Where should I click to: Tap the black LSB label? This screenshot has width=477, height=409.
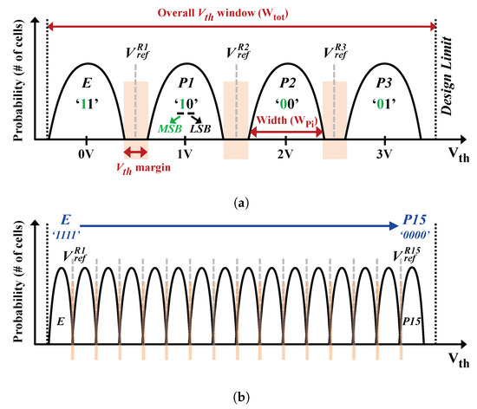pos(200,128)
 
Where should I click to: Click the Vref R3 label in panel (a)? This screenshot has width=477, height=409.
pos(335,51)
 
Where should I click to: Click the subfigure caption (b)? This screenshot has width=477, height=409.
pos(238,399)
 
